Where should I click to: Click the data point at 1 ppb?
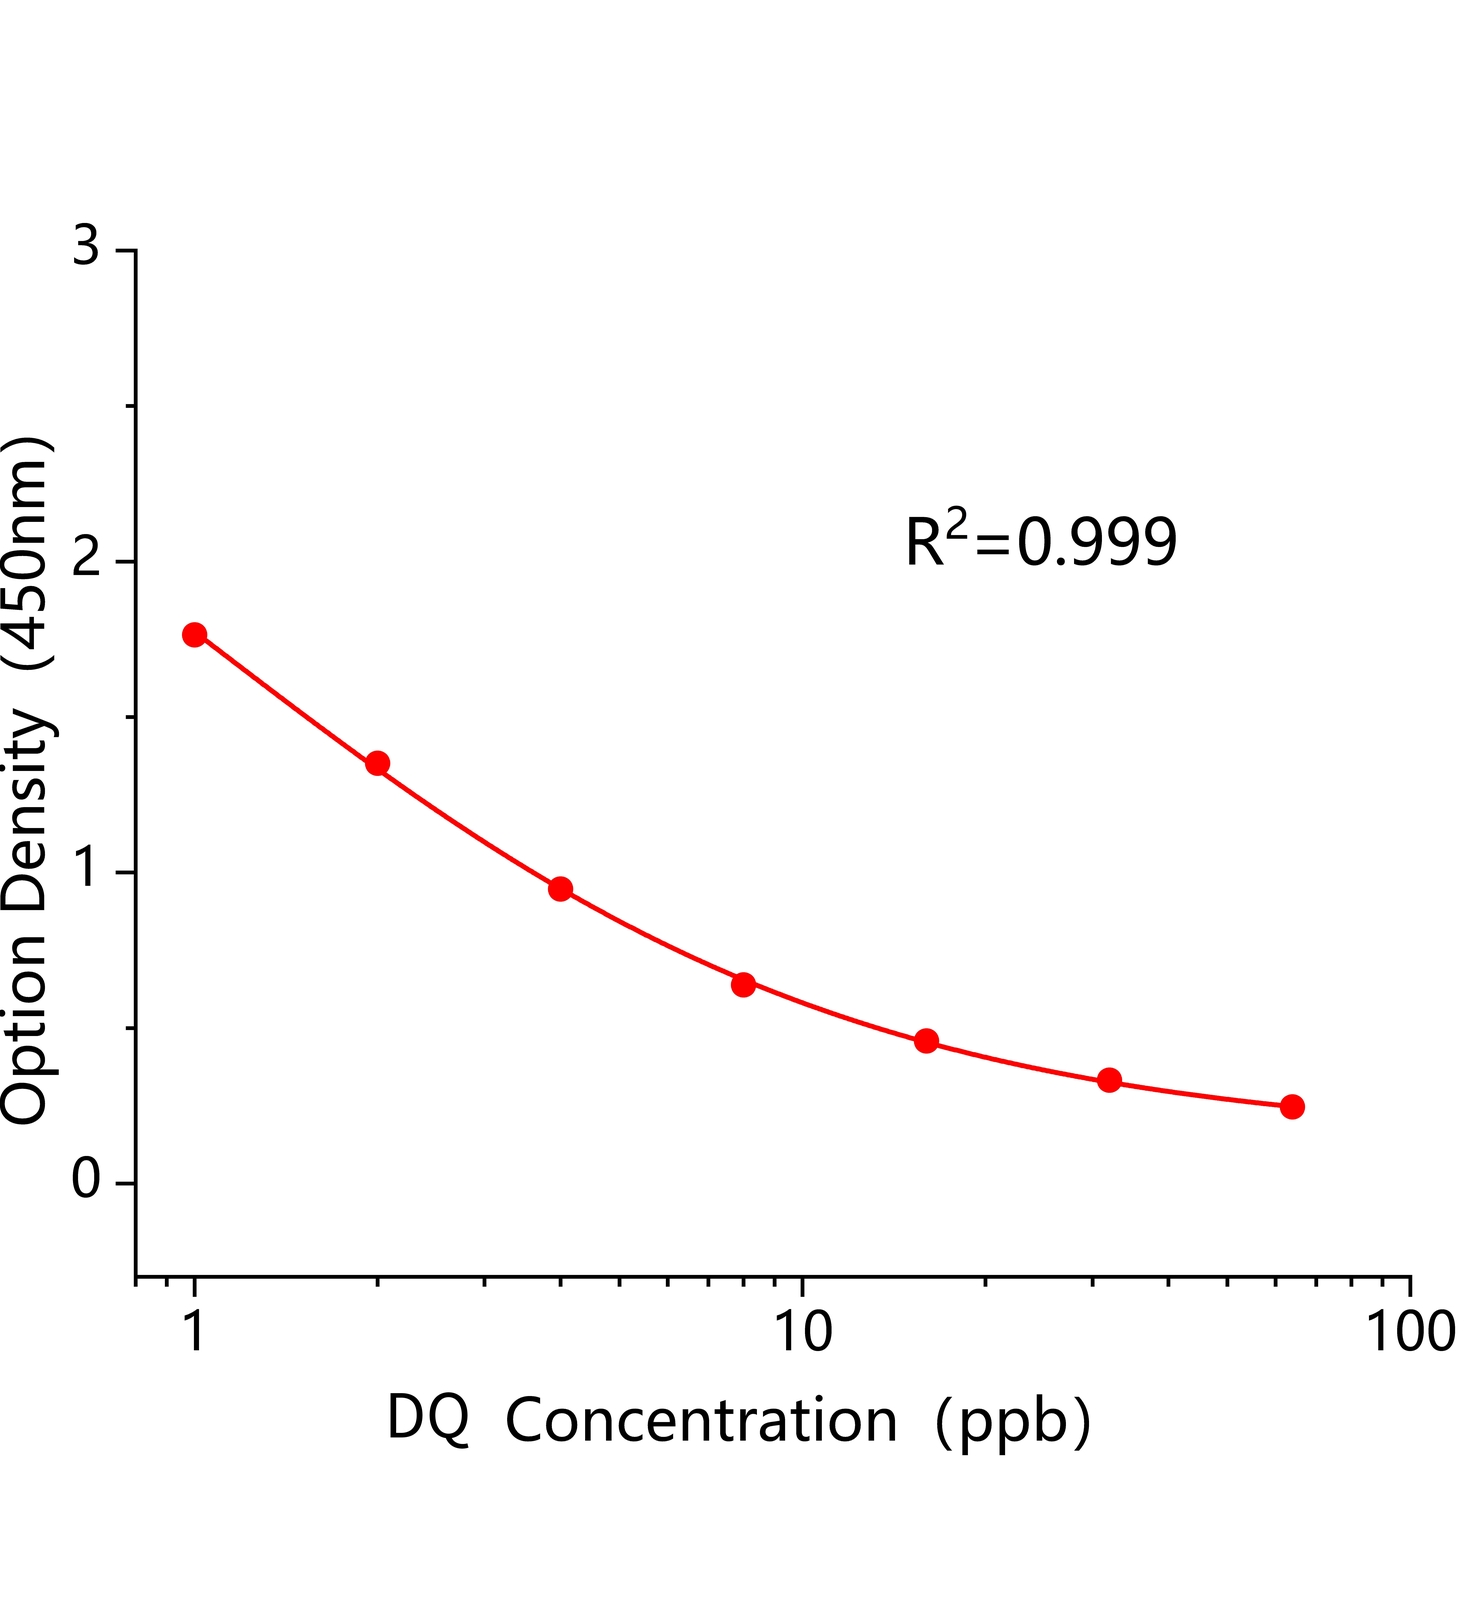[195, 635]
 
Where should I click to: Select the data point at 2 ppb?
[378, 764]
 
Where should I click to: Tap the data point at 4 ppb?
[561, 889]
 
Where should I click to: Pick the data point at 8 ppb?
[743, 985]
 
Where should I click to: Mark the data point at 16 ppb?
[927, 1041]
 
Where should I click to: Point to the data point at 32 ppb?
[1109, 1080]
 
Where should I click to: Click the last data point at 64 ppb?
[1292, 1107]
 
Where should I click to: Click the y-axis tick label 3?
[87, 246]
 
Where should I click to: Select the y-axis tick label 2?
[87, 560]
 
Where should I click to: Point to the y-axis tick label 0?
[87, 1181]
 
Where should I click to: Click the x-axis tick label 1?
[195, 1332]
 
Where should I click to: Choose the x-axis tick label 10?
[802, 1332]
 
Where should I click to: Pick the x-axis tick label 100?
[1410, 1332]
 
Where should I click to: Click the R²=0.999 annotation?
[1041, 541]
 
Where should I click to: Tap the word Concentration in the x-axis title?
[701, 1421]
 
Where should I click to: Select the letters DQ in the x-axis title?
[428, 1420]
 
